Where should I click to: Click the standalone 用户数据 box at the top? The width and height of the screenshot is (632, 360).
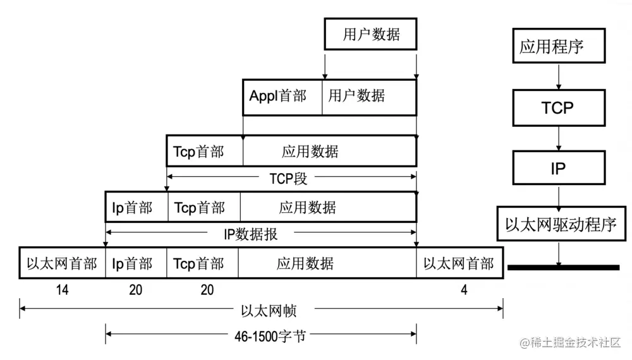371,34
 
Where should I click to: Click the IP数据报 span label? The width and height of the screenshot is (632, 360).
251,234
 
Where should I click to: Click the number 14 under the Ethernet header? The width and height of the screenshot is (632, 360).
62,291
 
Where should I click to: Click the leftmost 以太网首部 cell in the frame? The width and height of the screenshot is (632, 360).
62,263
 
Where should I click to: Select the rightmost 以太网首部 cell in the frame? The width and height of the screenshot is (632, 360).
459,263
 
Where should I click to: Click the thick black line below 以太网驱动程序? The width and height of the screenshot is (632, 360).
562,268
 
